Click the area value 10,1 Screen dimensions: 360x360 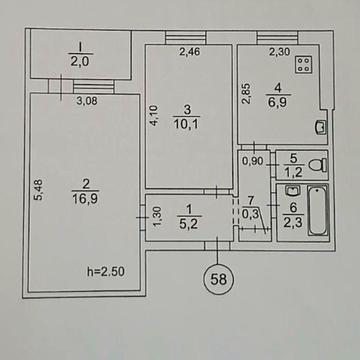point(184,125)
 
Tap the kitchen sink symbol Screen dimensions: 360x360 point(320,127)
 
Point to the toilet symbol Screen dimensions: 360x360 point(319,164)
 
